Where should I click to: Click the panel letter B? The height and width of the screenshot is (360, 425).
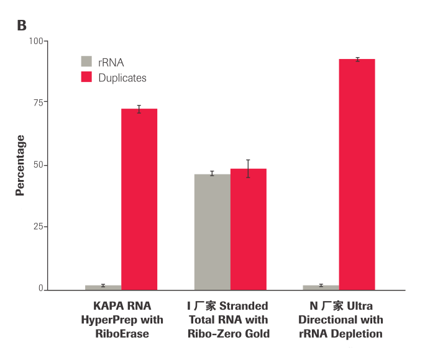22,25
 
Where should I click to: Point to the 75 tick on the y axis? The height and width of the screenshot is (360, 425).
39,102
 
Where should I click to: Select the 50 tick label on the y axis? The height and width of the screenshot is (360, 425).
39,165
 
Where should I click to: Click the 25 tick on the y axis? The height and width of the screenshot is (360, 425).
39,227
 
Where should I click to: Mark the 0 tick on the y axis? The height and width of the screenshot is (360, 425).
41,289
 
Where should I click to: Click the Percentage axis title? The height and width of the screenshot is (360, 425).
21,165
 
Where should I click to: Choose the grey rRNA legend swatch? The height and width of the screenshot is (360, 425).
86,61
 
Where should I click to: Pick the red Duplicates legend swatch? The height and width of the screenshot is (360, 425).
86,78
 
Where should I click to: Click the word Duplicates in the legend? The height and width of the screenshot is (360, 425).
122,78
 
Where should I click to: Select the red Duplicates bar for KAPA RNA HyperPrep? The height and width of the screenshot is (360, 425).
139,199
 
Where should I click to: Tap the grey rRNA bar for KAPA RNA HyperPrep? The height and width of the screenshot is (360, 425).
103,287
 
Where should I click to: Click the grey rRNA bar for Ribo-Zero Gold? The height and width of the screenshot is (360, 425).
212,232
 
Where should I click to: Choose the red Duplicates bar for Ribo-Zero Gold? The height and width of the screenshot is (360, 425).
249,228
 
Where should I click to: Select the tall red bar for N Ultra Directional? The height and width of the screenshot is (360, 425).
357,174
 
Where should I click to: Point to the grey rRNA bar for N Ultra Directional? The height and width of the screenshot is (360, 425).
321,287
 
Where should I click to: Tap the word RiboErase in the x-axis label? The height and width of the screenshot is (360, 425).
122,334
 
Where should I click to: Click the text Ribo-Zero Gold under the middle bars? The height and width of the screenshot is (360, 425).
229,334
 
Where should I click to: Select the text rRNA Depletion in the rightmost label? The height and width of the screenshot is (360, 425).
340,334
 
